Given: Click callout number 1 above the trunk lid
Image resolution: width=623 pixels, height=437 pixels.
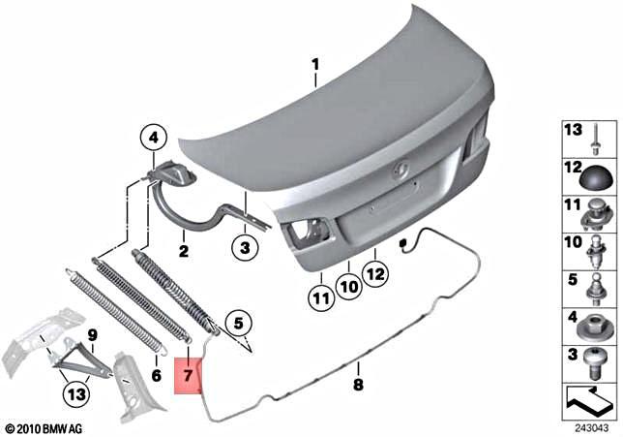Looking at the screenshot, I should point(314,66).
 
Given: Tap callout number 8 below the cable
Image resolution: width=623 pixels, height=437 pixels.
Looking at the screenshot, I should point(357,384).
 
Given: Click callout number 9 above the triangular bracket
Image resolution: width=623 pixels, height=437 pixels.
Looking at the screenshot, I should point(92,336).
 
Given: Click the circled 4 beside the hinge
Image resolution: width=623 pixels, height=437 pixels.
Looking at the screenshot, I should point(152,139).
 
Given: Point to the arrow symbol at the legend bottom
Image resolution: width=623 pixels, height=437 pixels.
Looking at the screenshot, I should point(588,398).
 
